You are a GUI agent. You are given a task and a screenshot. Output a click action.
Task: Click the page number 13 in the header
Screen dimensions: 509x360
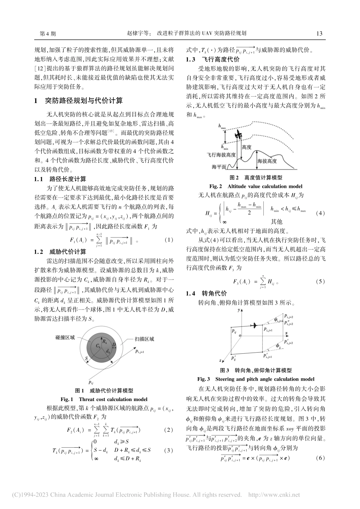click(319, 33)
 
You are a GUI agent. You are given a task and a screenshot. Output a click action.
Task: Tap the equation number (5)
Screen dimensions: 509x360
click(320, 282)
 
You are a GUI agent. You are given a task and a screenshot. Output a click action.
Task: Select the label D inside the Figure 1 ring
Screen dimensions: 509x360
click(114, 344)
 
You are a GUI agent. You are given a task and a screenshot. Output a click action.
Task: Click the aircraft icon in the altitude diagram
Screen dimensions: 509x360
click(239, 134)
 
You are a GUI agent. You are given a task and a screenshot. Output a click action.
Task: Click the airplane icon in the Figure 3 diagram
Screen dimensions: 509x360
click(254, 325)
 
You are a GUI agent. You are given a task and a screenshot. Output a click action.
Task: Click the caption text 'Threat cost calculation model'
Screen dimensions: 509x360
click(113, 399)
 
